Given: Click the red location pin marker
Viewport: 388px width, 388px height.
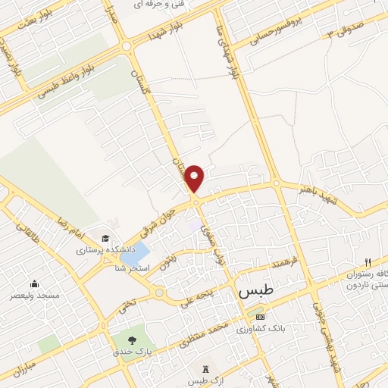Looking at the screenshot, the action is coord(196,178).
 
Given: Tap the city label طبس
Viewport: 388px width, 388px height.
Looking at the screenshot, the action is coord(252,292).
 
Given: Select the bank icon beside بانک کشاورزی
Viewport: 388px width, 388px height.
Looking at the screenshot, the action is coord(261,317).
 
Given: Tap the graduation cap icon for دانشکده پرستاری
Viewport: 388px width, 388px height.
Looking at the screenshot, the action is coord(104,237).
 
